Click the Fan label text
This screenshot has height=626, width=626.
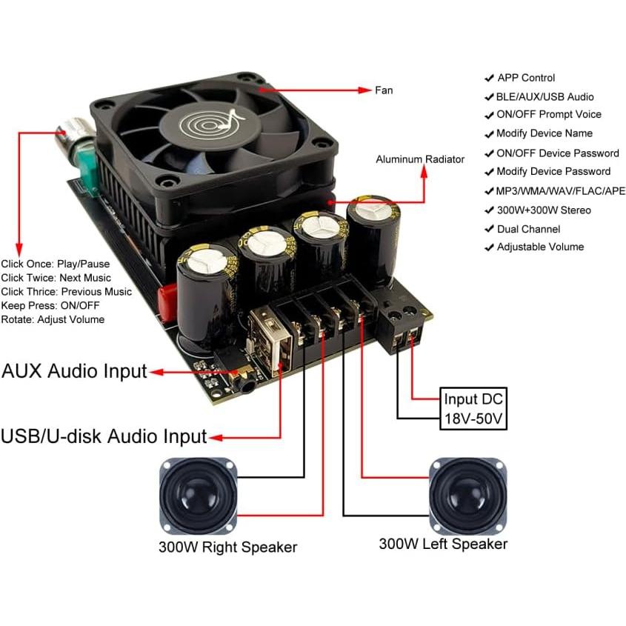[x=384, y=90]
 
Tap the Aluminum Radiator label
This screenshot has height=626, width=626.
[x=420, y=159]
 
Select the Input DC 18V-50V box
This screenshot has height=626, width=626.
[x=474, y=409]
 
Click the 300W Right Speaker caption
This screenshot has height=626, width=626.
[x=227, y=547]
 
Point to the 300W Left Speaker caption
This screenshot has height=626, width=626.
[x=443, y=544]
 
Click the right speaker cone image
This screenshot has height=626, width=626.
[x=198, y=496]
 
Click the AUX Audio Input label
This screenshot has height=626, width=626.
[x=74, y=371]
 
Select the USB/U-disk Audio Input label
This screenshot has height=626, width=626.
[x=103, y=436]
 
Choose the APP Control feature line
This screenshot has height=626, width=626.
[x=525, y=78]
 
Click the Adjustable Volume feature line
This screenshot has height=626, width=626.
[x=539, y=247]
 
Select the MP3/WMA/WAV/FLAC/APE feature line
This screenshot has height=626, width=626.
[x=561, y=190]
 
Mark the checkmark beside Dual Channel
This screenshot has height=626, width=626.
[x=489, y=230]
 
